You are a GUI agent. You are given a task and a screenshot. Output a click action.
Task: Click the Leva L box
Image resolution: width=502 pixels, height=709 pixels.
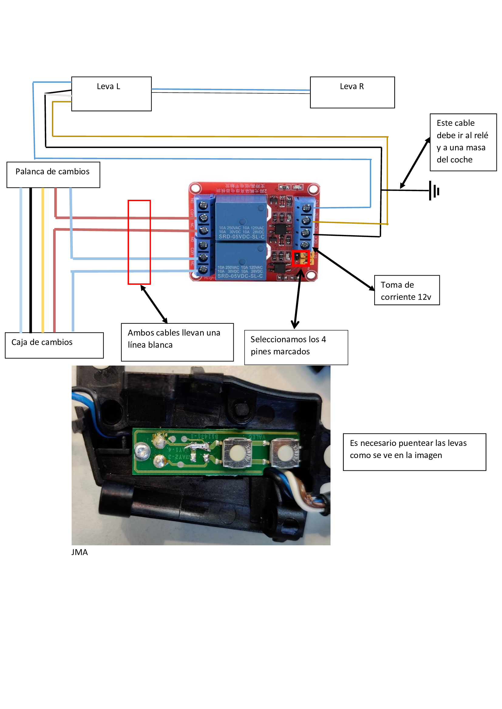coord(111,94)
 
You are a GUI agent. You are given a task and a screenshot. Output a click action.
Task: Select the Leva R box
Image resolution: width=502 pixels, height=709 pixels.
coord(352,92)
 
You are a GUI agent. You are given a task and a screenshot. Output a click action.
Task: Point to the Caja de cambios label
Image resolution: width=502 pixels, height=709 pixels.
coord(54,345)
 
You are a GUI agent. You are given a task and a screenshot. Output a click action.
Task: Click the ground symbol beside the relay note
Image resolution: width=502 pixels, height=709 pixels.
coord(434,191)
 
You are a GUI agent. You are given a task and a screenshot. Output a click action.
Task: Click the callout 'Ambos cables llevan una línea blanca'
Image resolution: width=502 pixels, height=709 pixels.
coord(177,342)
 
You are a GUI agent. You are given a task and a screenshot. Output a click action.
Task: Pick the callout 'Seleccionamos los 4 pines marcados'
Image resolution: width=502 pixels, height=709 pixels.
coord(296,347)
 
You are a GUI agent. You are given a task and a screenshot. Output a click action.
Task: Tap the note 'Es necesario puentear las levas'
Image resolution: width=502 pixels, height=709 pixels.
coord(414,452)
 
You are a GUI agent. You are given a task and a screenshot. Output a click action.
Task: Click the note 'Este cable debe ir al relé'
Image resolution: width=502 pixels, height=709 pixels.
coord(463,142)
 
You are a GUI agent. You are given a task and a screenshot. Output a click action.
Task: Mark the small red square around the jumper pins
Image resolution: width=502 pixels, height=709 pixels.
coord(300,258)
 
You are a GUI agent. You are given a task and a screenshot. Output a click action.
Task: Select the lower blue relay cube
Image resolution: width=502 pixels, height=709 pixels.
coord(240,261)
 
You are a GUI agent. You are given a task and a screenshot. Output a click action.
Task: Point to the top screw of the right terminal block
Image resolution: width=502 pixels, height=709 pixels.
coord(306,208)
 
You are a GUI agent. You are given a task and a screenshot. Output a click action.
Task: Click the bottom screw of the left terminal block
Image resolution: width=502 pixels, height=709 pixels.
coord(203,269)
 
